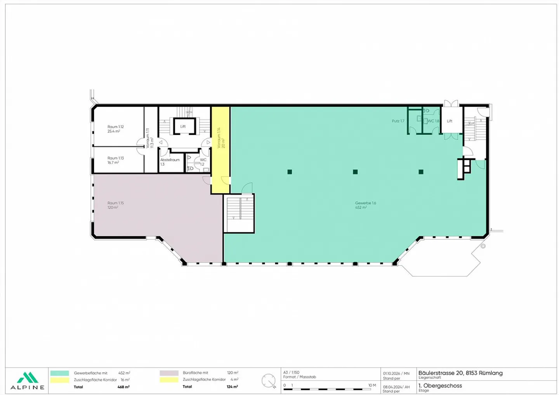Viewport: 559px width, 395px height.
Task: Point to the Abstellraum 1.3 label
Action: point(170,162)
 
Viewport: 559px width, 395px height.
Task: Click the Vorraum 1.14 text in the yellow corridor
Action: point(220,138)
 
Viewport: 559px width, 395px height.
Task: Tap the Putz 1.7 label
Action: point(398,121)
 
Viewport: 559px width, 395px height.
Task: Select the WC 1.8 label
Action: point(433,121)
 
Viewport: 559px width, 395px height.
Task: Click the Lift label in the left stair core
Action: point(183,126)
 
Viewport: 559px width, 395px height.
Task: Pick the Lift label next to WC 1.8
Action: point(450,121)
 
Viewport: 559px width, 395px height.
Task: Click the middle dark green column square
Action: point(355,172)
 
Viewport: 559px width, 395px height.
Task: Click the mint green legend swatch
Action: point(60,373)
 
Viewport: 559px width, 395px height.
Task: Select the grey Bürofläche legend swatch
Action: point(169,373)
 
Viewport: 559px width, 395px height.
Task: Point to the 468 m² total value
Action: point(123,387)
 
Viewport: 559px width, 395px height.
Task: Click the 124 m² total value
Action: point(232,387)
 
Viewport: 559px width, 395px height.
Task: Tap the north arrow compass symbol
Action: point(269,381)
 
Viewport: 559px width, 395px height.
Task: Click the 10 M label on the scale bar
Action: point(372,385)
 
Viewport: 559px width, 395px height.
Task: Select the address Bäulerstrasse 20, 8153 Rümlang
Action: point(460,373)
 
